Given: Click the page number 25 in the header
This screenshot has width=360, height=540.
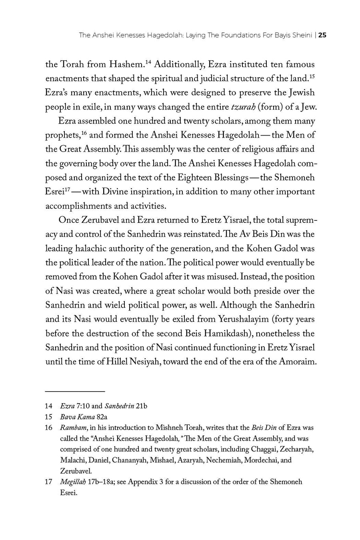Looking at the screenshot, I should (x=322, y=35).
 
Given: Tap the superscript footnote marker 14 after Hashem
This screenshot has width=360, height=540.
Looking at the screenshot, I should (x=148, y=62).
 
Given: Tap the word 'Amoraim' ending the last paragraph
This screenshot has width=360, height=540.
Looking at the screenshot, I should (x=296, y=362).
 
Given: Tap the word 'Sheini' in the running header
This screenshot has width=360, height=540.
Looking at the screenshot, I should (x=302, y=35).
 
